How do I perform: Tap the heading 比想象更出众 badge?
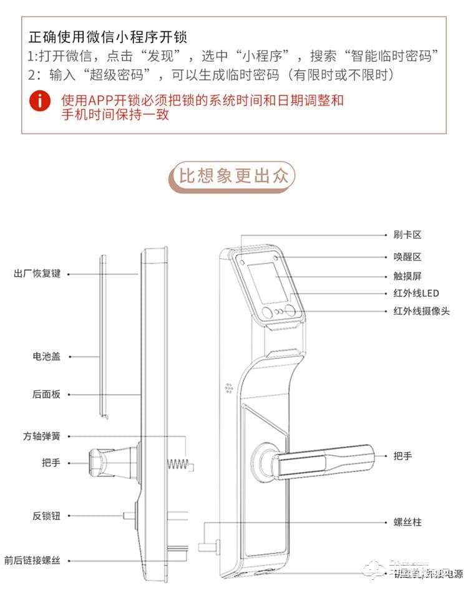[233, 176]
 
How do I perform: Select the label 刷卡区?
[408, 234]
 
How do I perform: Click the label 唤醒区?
[408, 256]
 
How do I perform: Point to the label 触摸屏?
[408, 276]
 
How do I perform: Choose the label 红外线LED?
[416, 292]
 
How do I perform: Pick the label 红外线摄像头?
[421, 311]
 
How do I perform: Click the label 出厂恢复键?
[37, 273]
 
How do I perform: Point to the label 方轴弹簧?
[42, 436]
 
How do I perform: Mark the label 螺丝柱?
[408, 521]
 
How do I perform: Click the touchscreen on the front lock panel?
[267, 284]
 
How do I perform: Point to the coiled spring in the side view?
[178, 464]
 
